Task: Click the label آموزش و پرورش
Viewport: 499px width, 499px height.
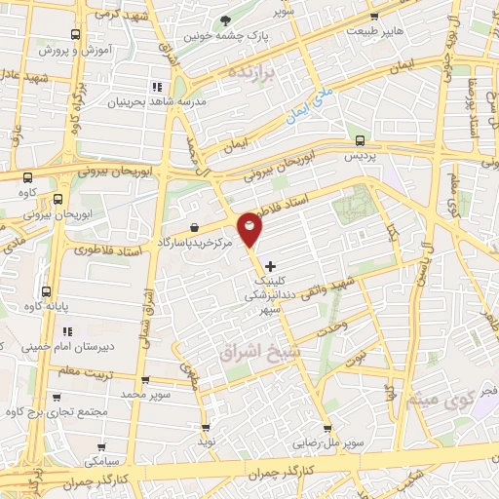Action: (74, 48)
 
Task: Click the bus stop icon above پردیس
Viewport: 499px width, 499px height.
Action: (362, 140)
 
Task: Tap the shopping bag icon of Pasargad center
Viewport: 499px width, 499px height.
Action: (196, 227)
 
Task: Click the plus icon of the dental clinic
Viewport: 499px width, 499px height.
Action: (270, 265)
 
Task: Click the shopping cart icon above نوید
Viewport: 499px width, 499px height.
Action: (205, 427)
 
